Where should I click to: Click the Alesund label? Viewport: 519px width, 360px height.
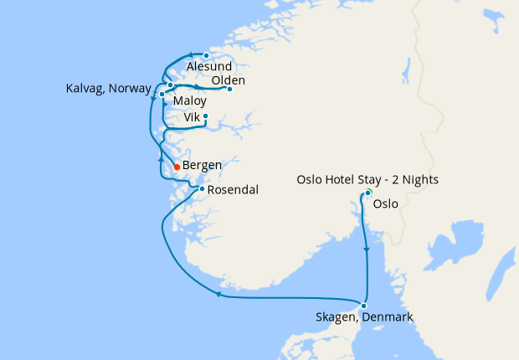click(x=209, y=67)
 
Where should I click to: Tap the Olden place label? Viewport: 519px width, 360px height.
click(x=229, y=80)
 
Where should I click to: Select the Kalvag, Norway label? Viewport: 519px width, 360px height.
click(x=108, y=88)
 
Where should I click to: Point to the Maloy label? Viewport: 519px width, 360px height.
click(x=190, y=100)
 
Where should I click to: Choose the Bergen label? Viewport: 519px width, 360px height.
click(x=202, y=165)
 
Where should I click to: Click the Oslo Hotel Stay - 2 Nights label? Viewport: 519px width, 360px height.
click(x=367, y=180)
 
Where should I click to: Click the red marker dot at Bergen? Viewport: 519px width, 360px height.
click(x=177, y=167)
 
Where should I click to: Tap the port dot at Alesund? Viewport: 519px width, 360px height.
click(x=206, y=56)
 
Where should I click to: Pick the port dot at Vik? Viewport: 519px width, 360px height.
click(x=205, y=116)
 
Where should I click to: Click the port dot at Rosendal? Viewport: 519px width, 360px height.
click(x=202, y=188)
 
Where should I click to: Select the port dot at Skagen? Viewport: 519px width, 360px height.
click(x=363, y=306)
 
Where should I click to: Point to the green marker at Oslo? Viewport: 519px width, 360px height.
click(x=367, y=194)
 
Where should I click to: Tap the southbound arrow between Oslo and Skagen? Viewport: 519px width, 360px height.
click(x=367, y=249)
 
